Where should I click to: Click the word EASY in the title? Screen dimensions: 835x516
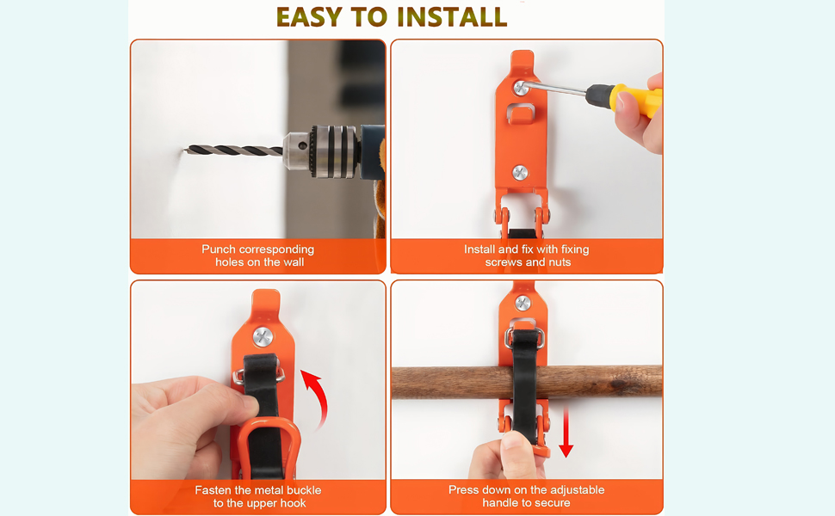tap(309, 17)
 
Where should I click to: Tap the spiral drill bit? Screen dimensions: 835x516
tap(234, 150)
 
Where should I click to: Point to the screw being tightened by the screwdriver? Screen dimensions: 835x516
tap(521, 87)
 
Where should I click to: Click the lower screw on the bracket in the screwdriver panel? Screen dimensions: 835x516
tap(520, 173)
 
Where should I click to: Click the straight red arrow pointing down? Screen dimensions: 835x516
tap(566, 432)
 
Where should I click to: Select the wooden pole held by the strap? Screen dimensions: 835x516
tap(527, 382)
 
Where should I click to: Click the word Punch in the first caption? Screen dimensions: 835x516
tap(219, 249)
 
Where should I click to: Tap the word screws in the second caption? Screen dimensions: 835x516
tap(504, 262)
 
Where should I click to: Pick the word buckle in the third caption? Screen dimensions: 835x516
tap(303, 490)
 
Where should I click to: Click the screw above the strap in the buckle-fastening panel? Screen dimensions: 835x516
tap(263, 337)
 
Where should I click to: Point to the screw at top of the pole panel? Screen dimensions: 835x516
tap(523, 304)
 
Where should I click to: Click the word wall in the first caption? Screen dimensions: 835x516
tap(294, 262)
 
